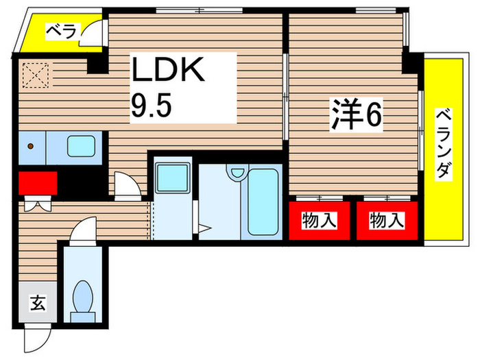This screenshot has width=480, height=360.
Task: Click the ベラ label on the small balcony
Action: pyautogui.click(x=62, y=31)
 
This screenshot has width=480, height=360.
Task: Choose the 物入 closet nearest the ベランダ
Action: pyautogui.click(x=386, y=221)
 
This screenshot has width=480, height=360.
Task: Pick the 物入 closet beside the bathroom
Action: pyautogui.click(x=320, y=221)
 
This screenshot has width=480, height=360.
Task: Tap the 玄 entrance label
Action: pyautogui.click(x=38, y=302)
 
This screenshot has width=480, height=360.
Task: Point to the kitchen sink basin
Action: pyautogui.click(x=82, y=145)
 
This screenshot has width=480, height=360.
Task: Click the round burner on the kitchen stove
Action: pyautogui.click(x=30, y=145)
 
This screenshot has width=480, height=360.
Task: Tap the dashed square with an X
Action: pyautogui.click(x=34, y=73)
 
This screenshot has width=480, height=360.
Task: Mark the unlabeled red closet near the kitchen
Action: pyautogui.click(x=38, y=184)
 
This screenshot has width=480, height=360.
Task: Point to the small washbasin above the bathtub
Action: pyautogui.click(x=237, y=175)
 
